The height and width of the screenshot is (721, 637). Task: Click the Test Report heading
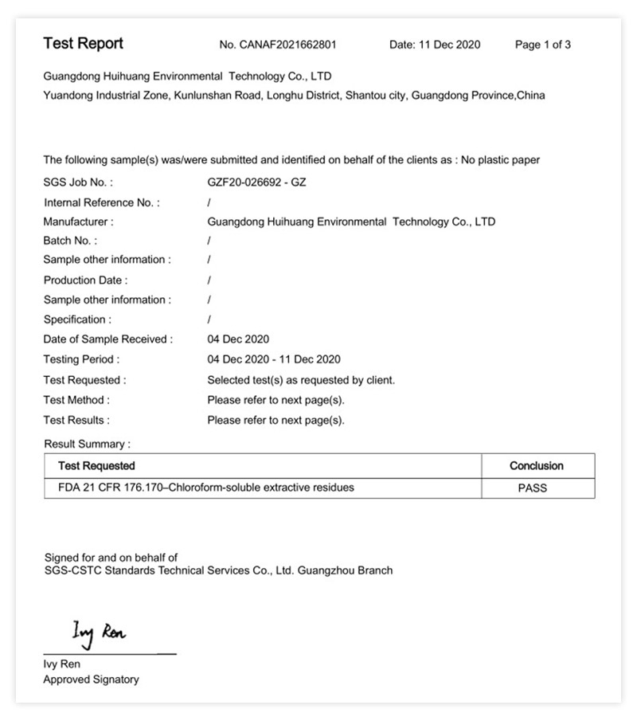(x=83, y=44)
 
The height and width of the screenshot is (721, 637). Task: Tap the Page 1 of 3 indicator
(x=542, y=45)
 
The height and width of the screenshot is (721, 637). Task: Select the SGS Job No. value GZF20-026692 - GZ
(x=256, y=182)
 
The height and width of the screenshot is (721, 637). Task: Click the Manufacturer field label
(x=78, y=221)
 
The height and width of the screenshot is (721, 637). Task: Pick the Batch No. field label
(x=70, y=241)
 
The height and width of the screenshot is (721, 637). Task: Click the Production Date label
(x=85, y=280)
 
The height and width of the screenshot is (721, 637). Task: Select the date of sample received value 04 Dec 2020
(x=238, y=339)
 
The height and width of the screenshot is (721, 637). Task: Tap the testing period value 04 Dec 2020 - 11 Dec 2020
(x=273, y=359)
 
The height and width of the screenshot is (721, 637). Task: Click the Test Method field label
(x=76, y=400)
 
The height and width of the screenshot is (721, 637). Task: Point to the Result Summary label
(x=87, y=444)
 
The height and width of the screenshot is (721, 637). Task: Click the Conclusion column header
(x=536, y=466)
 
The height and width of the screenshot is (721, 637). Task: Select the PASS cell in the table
(x=532, y=488)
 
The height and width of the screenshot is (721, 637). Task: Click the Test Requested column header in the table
(x=96, y=466)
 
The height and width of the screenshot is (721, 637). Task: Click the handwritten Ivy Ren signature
(x=99, y=633)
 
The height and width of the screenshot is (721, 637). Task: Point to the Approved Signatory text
(x=91, y=680)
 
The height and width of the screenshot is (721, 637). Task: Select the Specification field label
(x=77, y=319)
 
